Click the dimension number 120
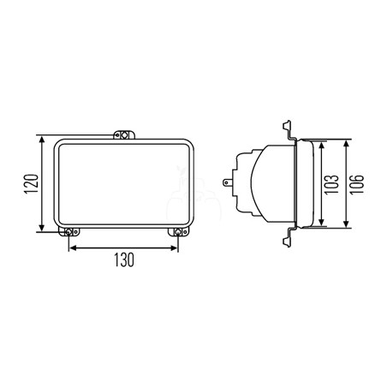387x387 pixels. [32, 184]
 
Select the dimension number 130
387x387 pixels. [124, 259]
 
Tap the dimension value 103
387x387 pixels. [332, 184]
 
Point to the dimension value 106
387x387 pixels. [357, 184]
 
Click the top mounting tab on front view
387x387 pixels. [124, 134]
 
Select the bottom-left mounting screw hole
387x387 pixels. [68, 232]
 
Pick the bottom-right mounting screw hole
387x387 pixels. [178, 232]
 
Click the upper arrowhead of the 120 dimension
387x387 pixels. [42, 140]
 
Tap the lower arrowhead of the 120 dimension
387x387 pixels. [42, 227]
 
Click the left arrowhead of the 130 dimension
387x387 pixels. [74, 248]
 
